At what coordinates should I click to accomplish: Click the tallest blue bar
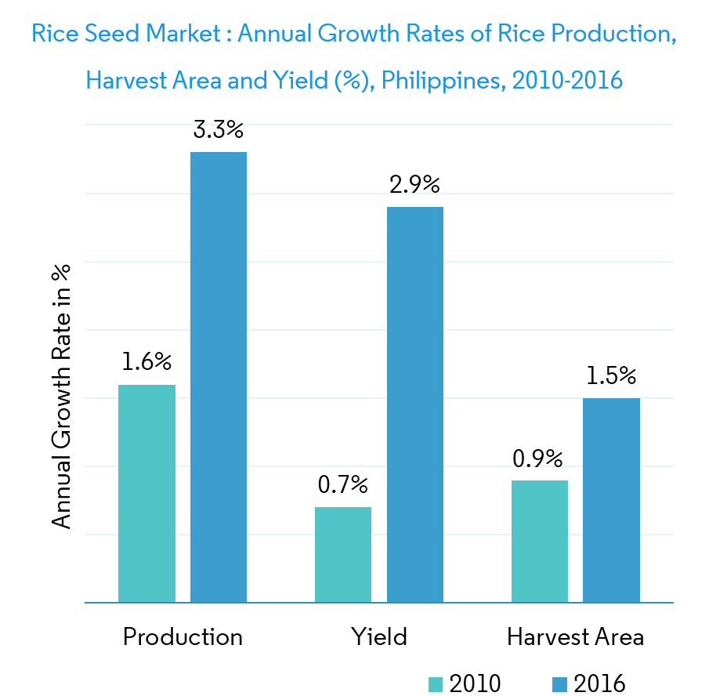pos(219,377)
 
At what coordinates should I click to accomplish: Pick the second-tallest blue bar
pos(415,404)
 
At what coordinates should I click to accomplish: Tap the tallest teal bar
pos(147,494)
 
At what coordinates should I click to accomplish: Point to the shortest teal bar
pos(343,555)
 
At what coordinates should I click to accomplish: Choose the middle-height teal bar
pos(540,542)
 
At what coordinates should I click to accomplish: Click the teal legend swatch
pos(436,684)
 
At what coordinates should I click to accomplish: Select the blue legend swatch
pos(559,684)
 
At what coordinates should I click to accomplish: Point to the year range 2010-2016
pos(567,81)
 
